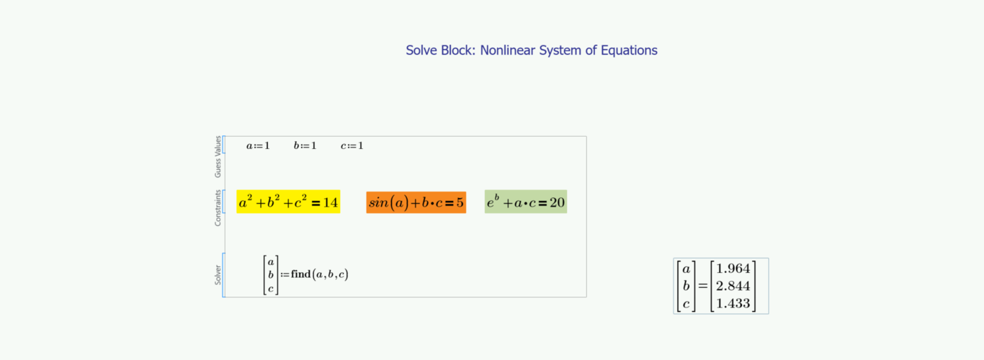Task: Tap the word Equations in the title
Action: [x=629, y=51]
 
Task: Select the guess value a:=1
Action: [x=258, y=145]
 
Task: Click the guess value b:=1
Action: [x=305, y=145]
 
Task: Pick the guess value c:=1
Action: [x=352, y=145]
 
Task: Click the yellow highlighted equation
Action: [x=288, y=202]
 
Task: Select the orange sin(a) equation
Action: [x=416, y=202]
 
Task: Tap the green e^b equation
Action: [x=526, y=202]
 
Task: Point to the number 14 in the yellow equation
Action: [x=331, y=202]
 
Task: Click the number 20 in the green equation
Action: [x=557, y=202]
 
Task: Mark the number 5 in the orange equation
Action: [x=460, y=202]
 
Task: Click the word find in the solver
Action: [x=301, y=274]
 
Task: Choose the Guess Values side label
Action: [x=218, y=157]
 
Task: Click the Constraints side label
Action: [x=218, y=208]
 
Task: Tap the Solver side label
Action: [x=218, y=275]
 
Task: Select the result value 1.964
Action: [x=733, y=269]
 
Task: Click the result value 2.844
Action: [x=733, y=286]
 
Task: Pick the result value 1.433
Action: [x=733, y=303]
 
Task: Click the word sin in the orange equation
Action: [x=379, y=202]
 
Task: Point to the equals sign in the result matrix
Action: [x=703, y=286]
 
